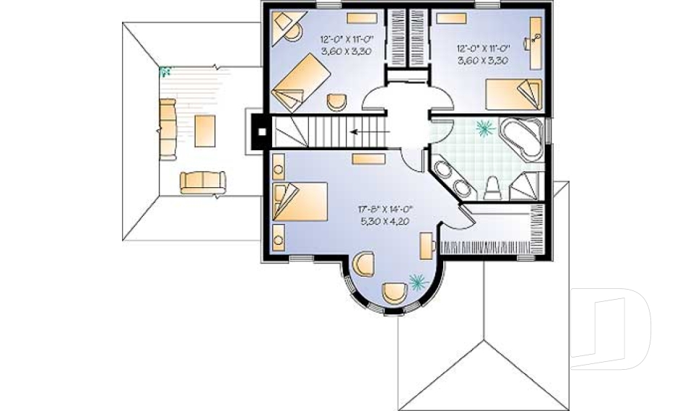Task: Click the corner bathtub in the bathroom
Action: [520, 139]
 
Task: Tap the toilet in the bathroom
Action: [492, 188]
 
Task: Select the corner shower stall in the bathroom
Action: [527, 186]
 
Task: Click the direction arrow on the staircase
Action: [370, 131]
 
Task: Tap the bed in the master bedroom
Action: [300, 202]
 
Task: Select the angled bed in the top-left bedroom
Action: [300, 82]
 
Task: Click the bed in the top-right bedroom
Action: [513, 94]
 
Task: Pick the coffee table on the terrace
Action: [205, 131]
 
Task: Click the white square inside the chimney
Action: [262, 132]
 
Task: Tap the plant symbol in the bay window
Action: [417, 282]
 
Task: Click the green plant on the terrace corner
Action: [165, 72]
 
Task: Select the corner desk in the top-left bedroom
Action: [287, 27]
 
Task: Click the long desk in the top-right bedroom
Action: [536, 43]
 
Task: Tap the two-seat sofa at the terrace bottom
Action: [203, 182]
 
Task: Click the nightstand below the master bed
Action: [279, 237]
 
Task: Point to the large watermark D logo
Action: [611, 329]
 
